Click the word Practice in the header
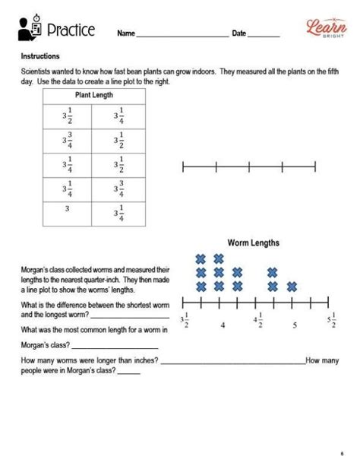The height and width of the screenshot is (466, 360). coord(71,30)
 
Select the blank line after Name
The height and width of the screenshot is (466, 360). coord(182,35)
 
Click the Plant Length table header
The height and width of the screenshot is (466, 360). coord(93,95)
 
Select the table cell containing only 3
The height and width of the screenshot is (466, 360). coord(68,209)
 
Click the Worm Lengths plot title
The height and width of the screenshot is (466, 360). coord(254,243)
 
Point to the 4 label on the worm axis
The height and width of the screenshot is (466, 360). coord(222,325)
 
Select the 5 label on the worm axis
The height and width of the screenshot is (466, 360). coord(294,325)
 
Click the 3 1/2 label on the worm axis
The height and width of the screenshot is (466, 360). coord(184,322)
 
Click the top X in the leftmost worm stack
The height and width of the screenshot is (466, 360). coord(201,258)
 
